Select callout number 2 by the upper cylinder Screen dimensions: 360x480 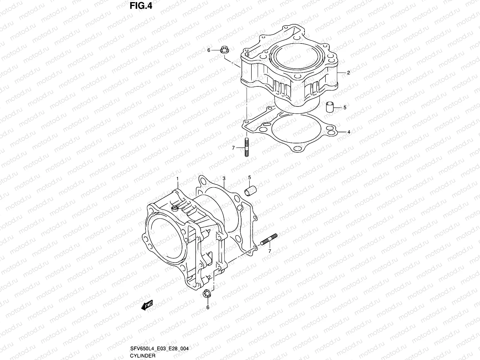[348, 72]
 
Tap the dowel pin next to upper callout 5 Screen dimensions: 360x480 [330, 107]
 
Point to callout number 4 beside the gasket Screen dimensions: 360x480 [349, 132]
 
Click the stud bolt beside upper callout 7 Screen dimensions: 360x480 [247, 147]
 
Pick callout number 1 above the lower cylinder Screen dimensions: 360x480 [177, 178]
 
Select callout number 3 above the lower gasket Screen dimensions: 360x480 [224, 178]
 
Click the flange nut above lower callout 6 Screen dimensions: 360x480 [206, 294]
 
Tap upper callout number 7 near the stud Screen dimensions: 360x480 [233, 148]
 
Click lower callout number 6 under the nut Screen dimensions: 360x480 [207, 307]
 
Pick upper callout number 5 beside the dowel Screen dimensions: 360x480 [345, 107]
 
